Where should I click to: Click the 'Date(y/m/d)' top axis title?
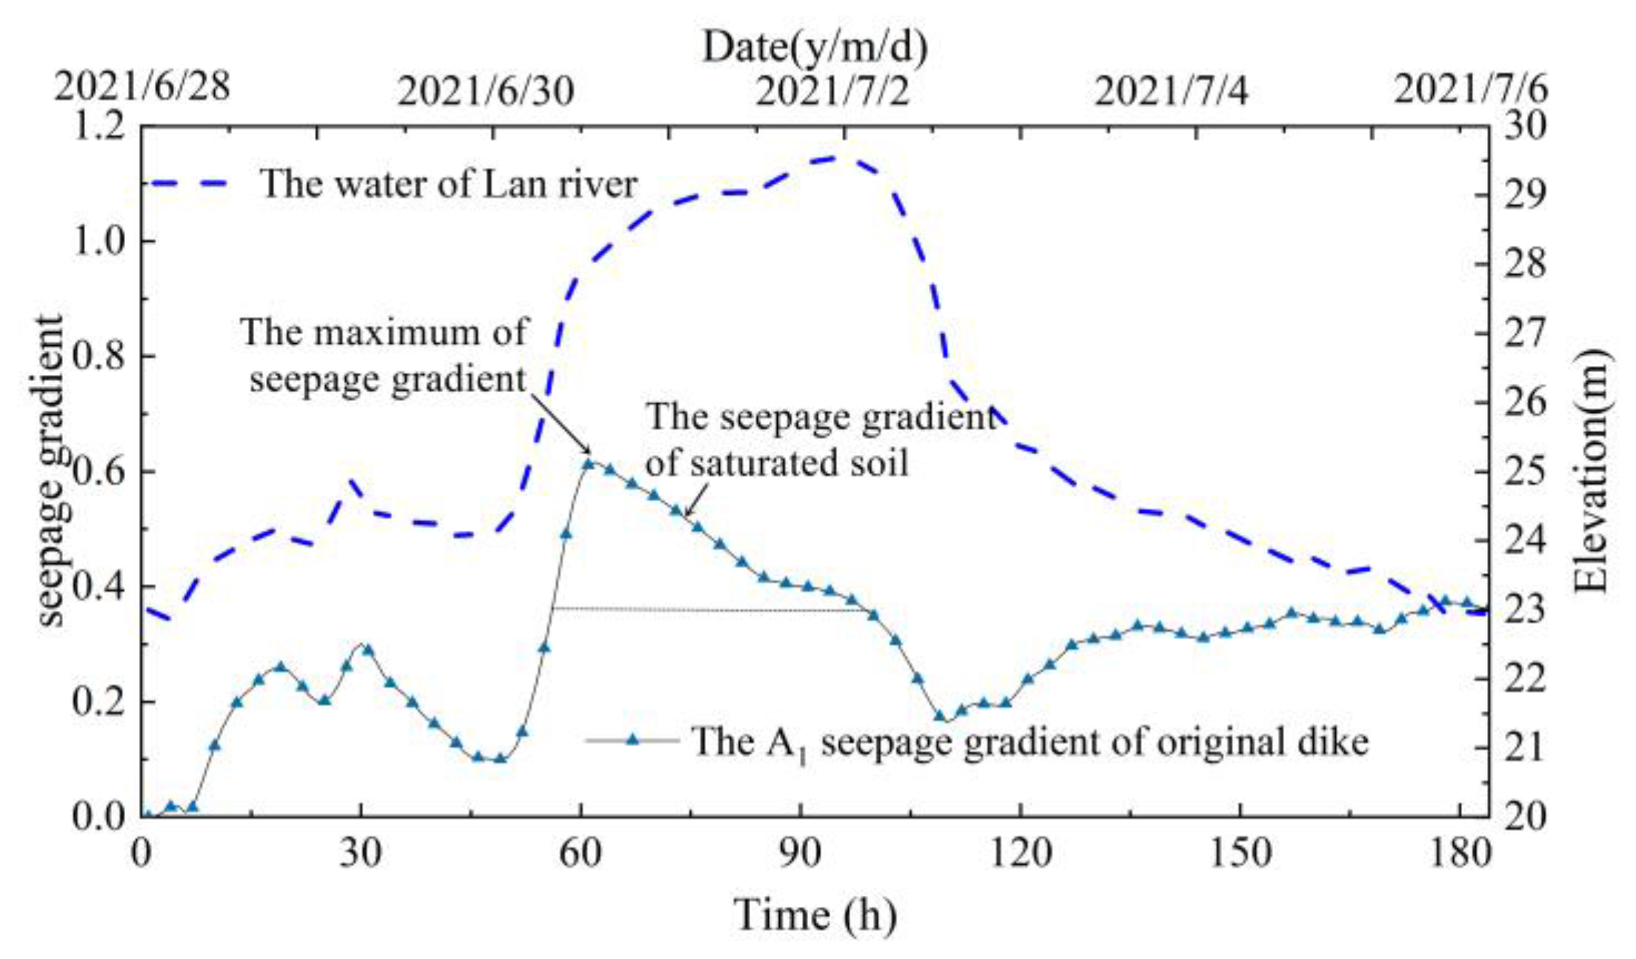pos(815,47)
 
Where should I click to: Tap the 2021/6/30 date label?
pos(485,92)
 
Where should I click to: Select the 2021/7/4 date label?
pos(1171,92)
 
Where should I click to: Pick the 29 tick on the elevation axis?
pos(1526,196)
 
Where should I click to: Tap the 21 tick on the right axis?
pos(1526,747)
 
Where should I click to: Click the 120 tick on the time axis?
pos(1021,854)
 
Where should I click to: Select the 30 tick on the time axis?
pos(361,854)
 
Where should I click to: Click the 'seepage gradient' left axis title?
pos(50,472)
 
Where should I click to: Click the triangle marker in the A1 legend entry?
pos(632,740)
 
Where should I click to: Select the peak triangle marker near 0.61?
pos(589,464)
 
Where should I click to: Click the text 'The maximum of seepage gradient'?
pos(385,356)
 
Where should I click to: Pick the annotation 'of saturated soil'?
pos(776,464)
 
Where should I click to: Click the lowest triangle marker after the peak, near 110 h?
pos(940,716)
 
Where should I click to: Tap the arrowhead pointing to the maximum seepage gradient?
pos(589,451)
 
